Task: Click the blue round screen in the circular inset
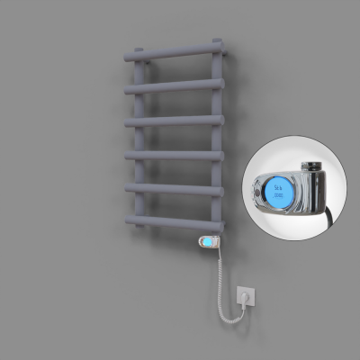[x=276, y=189]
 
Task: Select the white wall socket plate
[x=244, y=296]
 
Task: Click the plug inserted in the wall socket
[x=243, y=294]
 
